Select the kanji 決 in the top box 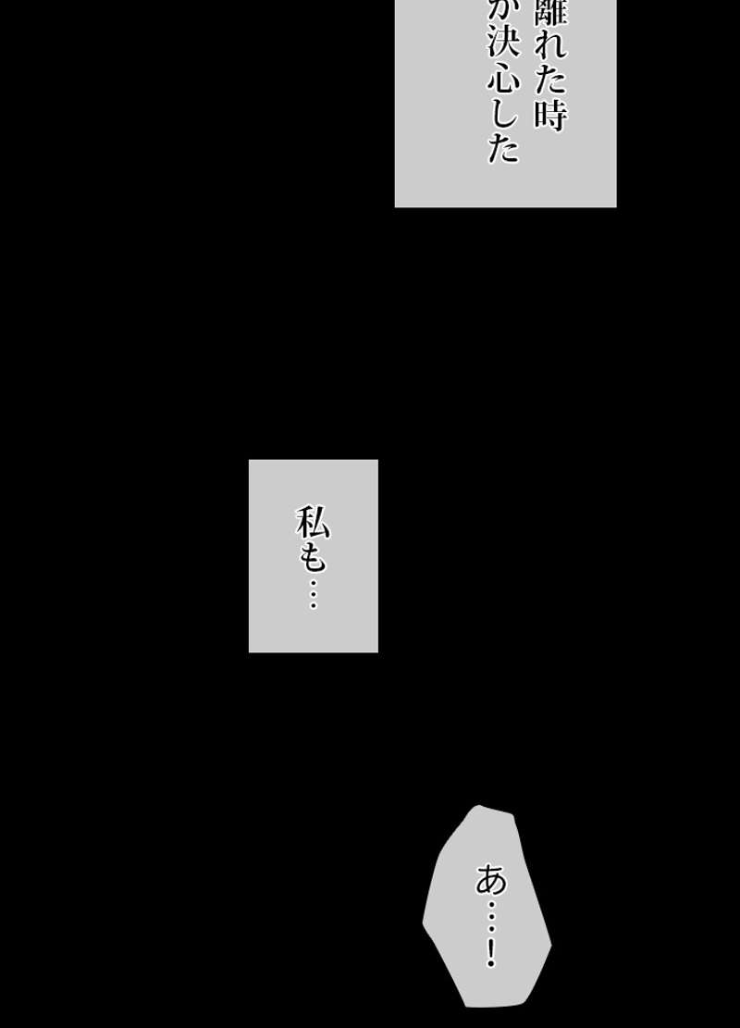(x=504, y=46)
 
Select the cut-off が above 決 (x=504, y=11)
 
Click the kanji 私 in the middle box (x=313, y=524)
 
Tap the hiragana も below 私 (x=313, y=557)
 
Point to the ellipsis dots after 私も (x=313, y=592)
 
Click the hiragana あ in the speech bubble (x=491, y=878)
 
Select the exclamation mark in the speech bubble (x=491, y=953)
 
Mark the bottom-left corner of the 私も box (x=250, y=651)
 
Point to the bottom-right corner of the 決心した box (x=615, y=205)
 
